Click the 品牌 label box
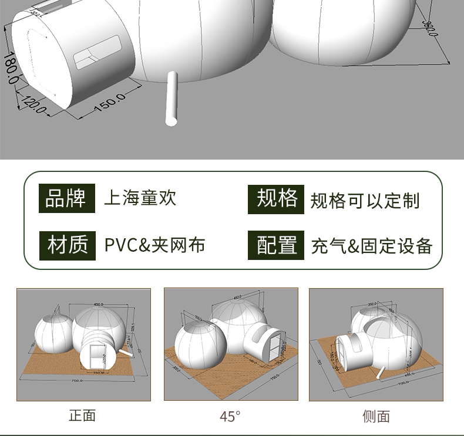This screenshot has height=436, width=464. [66, 198]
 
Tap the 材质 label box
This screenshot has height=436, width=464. [67, 245]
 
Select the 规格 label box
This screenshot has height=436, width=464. [276, 199]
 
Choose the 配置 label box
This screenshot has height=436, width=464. [276, 245]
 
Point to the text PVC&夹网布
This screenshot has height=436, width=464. [154, 245]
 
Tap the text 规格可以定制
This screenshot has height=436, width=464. [365, 200]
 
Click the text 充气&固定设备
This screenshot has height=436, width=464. [372, 246]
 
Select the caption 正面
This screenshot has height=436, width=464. [82, 415]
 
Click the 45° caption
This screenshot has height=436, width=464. [230, 416]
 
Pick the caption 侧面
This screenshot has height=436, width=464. [376, 416]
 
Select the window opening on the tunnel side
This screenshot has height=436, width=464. [97, 53]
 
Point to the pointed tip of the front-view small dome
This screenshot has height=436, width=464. [57, 307]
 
